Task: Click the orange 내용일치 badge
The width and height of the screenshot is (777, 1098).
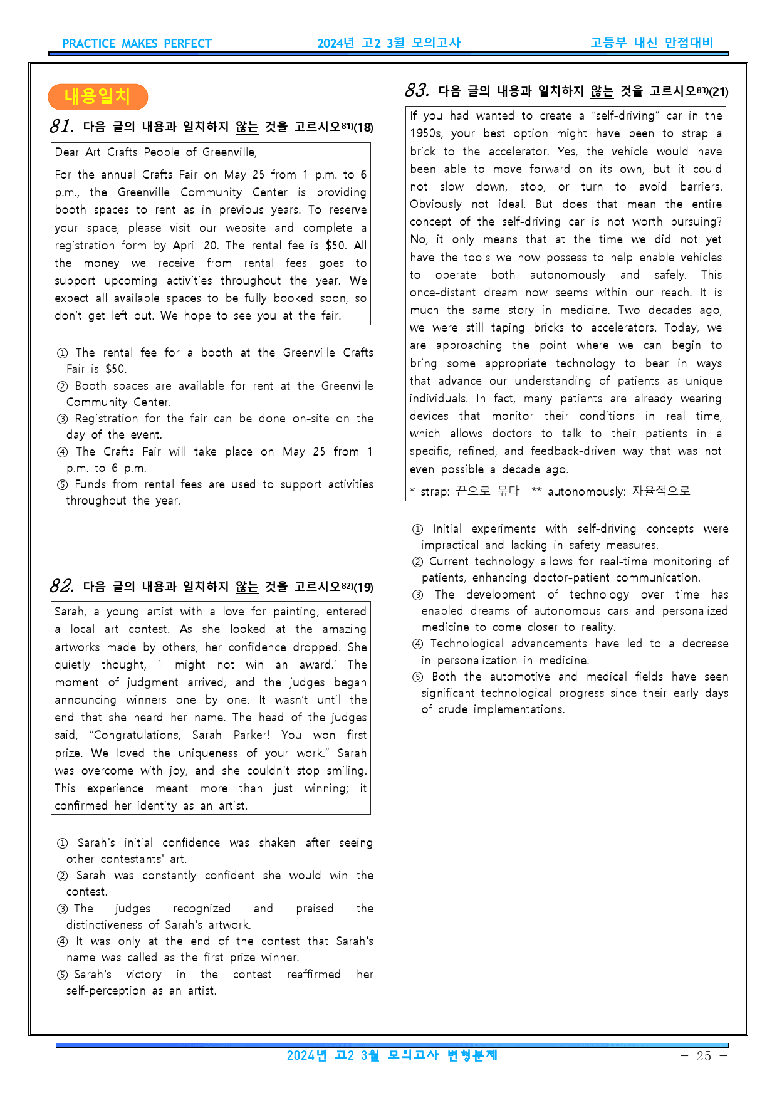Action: pyautogui.click(x=97, y=97)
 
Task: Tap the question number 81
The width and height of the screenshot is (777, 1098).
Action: pyautogui.click(x=62, y=127)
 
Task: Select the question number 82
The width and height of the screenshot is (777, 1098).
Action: pyautogui.click(x=62, y=587)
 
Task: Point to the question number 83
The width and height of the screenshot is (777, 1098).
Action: pyautogui.click(x=417, y=91)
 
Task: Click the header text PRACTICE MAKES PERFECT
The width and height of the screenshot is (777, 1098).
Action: pyautogui.click(x=137, y=44)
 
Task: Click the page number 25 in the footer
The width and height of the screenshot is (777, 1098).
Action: pyautogui.click(x=704, y=1056)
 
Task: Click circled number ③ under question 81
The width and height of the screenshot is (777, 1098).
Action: pyautogui.click(x=62, y=419)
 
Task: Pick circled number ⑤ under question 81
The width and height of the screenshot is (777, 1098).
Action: pyautogui.click(x=62, y=485)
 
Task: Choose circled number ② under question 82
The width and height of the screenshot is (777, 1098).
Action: pyautogui.click(x=62, y=876)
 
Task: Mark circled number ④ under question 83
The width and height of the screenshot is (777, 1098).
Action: pyautogui.click(x=417, y=644)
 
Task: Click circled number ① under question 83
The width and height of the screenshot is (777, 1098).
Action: pyautogui.click(x=418, y=530)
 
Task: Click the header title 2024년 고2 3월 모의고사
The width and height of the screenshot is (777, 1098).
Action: pyautogui.click(x=388, y=43)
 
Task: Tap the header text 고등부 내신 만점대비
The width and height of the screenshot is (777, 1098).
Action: pyautogui.click(x=652, y=43)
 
